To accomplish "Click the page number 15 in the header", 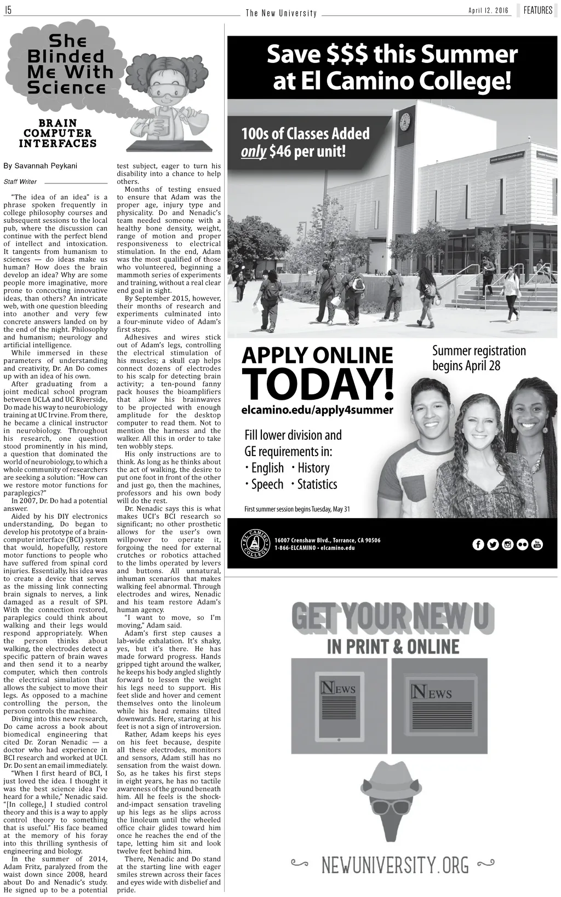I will [8, 10].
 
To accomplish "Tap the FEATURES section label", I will [537, 10].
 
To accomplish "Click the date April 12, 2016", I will [488, 11].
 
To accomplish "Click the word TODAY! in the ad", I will [317, 385].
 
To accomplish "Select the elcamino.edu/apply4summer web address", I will [317, 410].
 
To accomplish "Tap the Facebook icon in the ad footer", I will [478, 544].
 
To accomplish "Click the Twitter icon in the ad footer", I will [493, 544].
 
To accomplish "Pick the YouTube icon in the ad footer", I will [537, 544].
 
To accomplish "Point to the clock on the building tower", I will [405, 122].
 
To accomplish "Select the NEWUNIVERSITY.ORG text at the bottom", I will [394, 866].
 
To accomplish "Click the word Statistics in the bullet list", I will [317, 484].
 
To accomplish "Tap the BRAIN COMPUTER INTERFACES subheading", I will [58, 133].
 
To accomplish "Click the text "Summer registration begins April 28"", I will [479, 358].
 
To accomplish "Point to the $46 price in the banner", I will [280, 151].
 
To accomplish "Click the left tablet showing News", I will [339, 709].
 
